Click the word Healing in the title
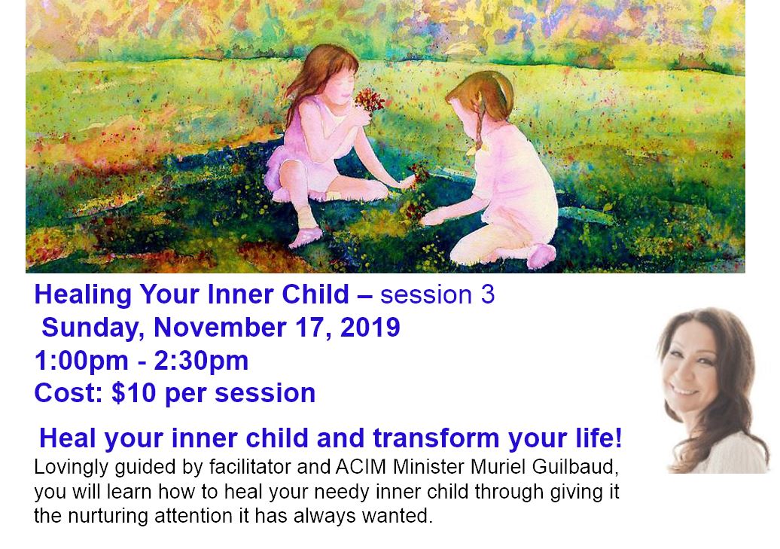click(84, 295)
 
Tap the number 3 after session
click(488, 294)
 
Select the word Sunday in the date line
click(93, 328)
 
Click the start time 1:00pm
click(81, 361)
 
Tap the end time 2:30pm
click(201, 361)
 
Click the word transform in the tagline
click(436, 438)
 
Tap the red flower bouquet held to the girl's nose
click(368, 100)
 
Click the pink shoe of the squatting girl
click(304, 236)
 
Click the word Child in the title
click(315, 294)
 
